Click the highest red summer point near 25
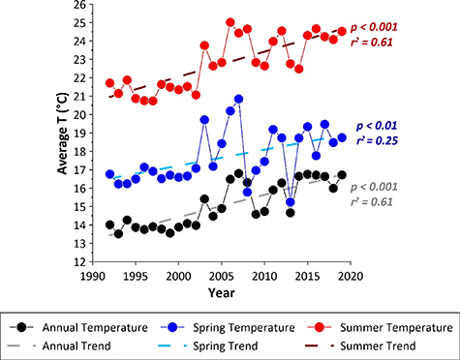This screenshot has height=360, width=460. pyautogui.click(x=230, y=22)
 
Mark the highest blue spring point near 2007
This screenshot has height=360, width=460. pyautogui.click(x=238, y=100)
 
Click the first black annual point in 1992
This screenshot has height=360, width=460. pyautogui.click(x=109, y=225)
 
